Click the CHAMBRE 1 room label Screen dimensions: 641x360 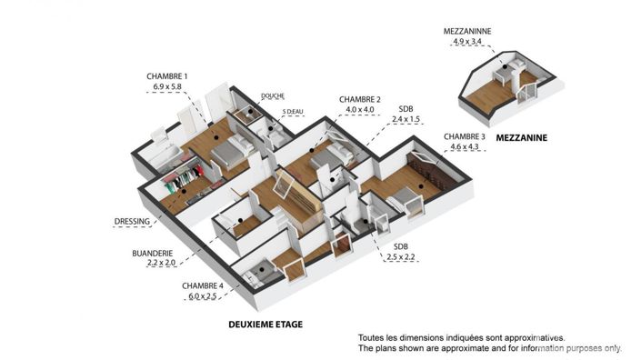(x=167, y=76)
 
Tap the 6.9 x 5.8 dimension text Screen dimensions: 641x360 (x=167, y=88)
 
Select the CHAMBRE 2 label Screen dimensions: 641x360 (x=360, y=99)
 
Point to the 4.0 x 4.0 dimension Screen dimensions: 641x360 (x=360, y=111)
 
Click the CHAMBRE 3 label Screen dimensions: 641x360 (x=464, y=136)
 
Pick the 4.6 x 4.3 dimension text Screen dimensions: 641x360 (x=464, y=147)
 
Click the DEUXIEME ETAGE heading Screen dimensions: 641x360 (x=264, y=324)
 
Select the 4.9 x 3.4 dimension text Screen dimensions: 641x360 (x=466, y=41)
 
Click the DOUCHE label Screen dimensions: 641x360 (x=273, y=95)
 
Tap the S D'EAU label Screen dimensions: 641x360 (x=293, y=112)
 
